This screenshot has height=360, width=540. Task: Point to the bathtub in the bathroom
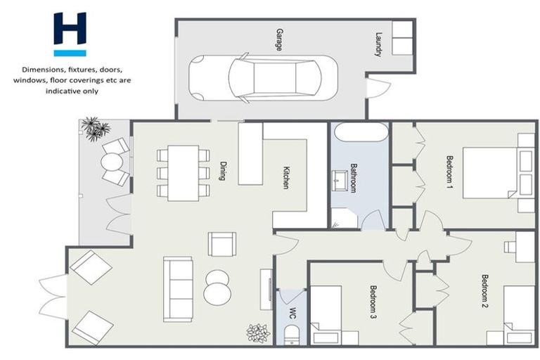pos(360,133)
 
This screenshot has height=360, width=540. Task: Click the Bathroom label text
pos(354,179)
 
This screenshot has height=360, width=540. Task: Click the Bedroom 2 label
pos(484,292)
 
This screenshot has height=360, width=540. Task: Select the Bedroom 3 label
pos(373,301)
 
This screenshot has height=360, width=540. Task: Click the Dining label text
pos(221,169)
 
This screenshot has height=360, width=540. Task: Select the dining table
pos(183,172)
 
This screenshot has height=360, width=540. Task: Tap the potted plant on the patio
pos(94,129)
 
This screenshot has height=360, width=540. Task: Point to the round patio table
pos(112,162)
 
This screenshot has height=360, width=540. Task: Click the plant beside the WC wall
pos(257,333)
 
